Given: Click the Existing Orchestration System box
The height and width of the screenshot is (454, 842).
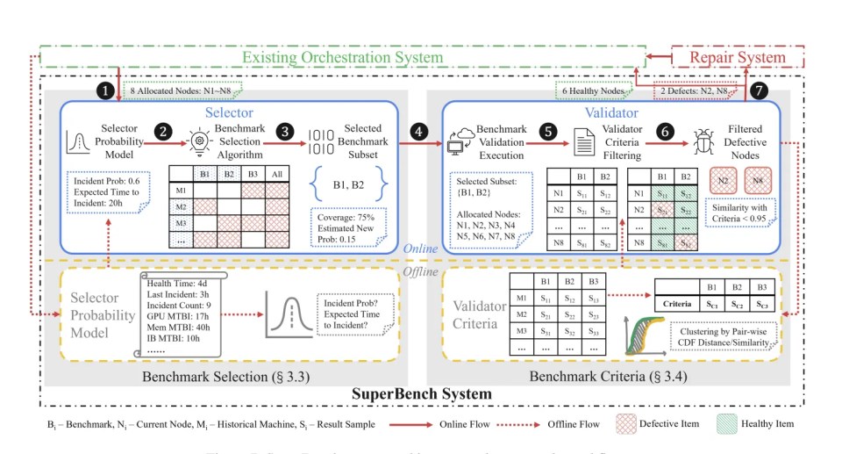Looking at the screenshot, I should click(x=342, y=58).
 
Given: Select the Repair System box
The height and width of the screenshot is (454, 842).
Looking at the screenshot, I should click(x=737, y=58).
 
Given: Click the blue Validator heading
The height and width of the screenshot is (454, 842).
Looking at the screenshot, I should click(x=610, y=113).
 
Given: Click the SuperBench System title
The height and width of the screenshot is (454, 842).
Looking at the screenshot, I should click(x=422, y=393).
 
